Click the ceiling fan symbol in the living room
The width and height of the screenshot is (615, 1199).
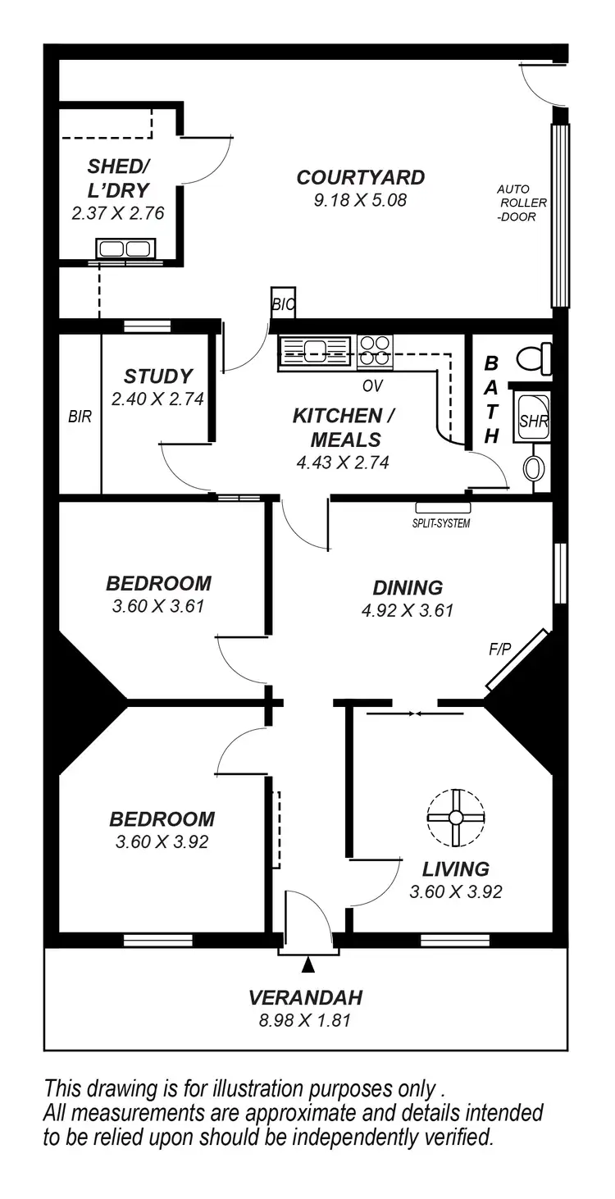(456, 818)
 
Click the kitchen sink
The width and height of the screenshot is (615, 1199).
(316, 353)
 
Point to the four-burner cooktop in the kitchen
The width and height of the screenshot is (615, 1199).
(375, 351)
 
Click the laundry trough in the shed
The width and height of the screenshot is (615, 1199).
(125, 248)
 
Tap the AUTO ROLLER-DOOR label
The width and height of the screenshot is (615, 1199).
(522, 203)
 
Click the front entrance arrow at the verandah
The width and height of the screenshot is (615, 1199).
(307, 965)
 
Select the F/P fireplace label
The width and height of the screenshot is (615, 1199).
(499, 649)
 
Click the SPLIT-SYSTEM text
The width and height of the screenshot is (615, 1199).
(441, 523)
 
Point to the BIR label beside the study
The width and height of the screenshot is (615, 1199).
(80, 417)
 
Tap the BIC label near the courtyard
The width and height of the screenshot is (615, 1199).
(283, 305)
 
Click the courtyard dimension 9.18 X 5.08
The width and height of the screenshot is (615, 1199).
(360, 199)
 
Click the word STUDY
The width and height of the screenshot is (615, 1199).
(158, 376)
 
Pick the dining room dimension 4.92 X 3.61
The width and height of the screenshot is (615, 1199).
(408, 610)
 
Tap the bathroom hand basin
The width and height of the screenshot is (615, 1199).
(533, 468)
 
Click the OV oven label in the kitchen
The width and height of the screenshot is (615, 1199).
(373, 385)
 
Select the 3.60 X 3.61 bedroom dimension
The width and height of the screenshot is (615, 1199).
(158, 607)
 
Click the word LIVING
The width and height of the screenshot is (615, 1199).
(456, 868)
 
